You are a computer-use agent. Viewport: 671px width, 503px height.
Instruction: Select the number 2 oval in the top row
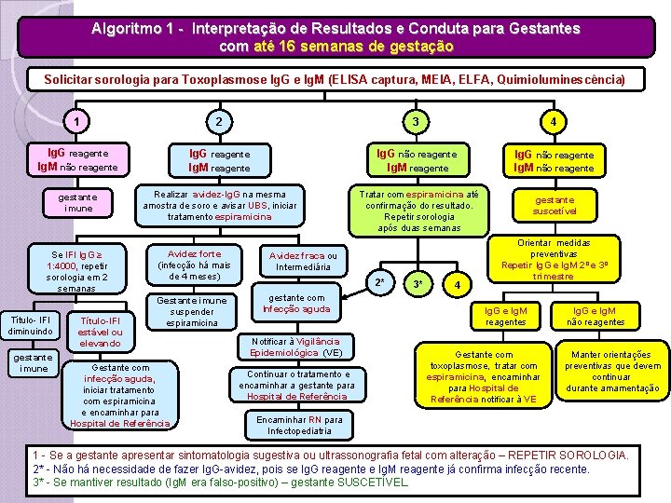(x=218, y=121)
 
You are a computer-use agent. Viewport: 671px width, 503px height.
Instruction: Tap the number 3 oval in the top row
(x=416, y=121)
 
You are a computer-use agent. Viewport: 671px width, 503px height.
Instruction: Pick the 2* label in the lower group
(x=378, y=281)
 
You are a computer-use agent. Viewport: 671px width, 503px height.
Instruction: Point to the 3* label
(x=418, y=282)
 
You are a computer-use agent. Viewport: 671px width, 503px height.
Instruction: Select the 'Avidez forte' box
(x=194, y=265)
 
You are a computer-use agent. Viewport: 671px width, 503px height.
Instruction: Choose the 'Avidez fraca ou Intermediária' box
(x=304, y=261)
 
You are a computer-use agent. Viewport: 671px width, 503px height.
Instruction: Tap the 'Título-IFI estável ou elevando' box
(x=101, y=331)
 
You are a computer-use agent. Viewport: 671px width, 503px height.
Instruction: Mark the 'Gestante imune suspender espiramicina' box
(x=191, y=311)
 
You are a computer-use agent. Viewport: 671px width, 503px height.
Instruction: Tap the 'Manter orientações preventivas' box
(x=611, y=370)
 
